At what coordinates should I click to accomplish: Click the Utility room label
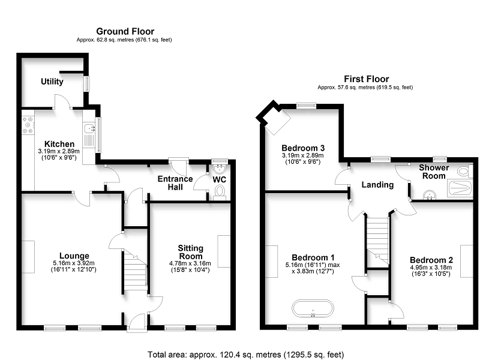tap(52, 82)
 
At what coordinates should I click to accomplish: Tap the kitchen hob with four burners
tap(28, 125)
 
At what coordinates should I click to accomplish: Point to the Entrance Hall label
tap(175, 183)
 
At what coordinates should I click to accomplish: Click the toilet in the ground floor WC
tap(220, 192)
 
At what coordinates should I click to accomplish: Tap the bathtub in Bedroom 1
tap(313, 308)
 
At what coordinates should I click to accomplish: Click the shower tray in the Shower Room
tap(460, 188)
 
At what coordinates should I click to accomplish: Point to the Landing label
tap(377, 185)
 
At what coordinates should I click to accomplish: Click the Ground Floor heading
tap(125, 31)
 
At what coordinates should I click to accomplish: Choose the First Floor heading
tap(367, 79)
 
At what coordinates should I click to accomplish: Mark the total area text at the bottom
tap(245, 355)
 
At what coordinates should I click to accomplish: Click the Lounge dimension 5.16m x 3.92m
tap(74, 263)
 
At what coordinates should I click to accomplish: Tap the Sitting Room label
tap(190, 252)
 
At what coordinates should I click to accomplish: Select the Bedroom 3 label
tap(303, 148)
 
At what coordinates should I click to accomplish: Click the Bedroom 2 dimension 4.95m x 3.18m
tap(431, 268)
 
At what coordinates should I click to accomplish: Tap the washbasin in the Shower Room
tap(430, 195)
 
